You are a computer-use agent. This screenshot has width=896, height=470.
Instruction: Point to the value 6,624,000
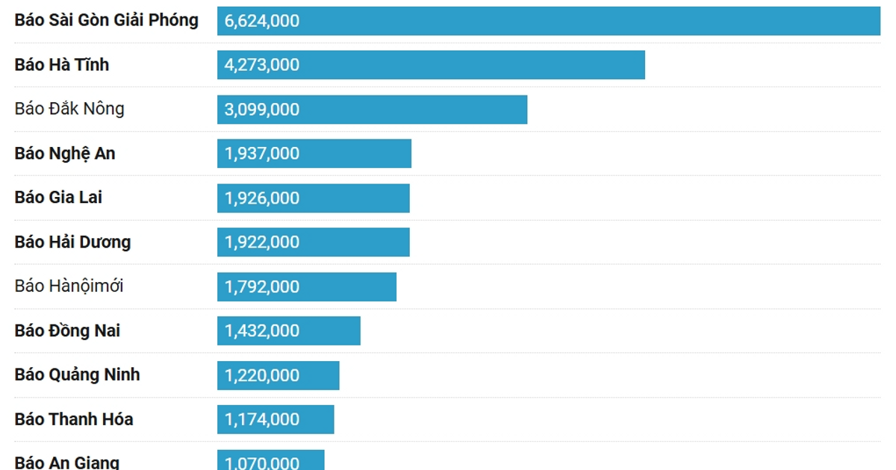(262, 21)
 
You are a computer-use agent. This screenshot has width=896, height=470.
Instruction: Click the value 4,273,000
(262, 65)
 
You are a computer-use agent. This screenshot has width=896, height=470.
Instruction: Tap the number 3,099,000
(262, 110)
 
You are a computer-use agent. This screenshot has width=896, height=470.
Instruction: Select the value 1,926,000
(262, 198)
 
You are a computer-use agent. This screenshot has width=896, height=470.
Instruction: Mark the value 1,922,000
(262, 242)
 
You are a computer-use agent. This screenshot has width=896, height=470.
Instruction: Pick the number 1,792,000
(262, 286)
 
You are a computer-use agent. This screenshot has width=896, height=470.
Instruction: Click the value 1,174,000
(262, 419)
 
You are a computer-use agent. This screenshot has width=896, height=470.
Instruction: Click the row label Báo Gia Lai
(58, 198)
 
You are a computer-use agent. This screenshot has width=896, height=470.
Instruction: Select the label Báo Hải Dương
(72, 242)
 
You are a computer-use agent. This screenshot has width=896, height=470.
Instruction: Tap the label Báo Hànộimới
(69, 286)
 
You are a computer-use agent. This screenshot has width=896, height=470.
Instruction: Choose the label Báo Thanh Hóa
(74, 419)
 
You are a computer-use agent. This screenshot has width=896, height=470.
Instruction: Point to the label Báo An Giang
(67, 463)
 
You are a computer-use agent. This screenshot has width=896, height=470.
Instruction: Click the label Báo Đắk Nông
(69, 109)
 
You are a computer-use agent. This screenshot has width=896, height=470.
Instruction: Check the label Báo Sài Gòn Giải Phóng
(107, 20)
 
